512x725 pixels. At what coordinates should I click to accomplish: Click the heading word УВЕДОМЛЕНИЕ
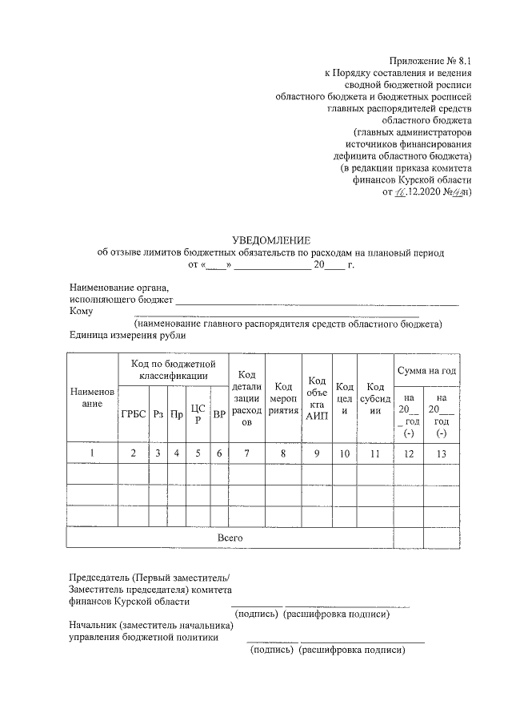coord(270,240)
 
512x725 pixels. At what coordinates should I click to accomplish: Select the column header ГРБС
coord(133,414)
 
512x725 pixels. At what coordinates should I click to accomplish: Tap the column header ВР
coord(218,414)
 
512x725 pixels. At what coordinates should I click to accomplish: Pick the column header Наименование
coord(93,398)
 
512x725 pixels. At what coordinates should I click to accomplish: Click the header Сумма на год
coord(426,370)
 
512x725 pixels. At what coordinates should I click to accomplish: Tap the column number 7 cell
coord(247,453)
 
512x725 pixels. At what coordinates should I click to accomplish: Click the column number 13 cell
coord(442,453)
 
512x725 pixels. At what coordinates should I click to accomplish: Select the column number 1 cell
coord(93,453)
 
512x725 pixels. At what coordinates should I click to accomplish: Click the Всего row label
coord(230,538)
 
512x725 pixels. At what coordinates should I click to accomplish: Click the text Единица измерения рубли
coord(122,336)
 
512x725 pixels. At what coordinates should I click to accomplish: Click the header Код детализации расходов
coord(247,398)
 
